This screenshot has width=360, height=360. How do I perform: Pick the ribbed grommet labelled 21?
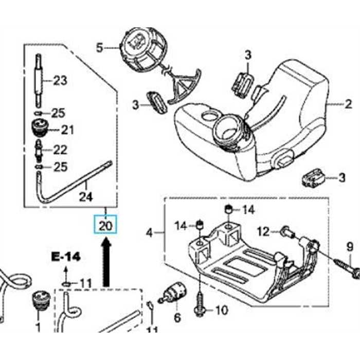pos(40,128)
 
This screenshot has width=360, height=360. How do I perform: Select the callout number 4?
pos(150,233)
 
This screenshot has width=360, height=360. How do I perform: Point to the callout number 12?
pos(263,232)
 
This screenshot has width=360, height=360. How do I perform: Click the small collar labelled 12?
pos(287,234)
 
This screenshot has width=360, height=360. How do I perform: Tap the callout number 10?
pos(220,310)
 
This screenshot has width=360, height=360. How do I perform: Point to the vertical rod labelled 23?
pos(39,79)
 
